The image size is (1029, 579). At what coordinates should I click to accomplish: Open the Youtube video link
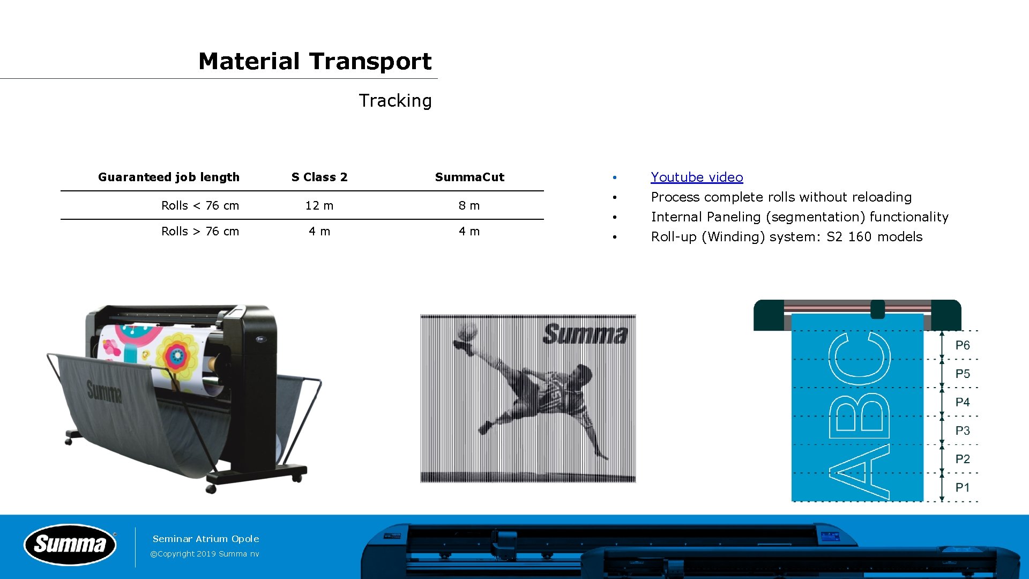[x=697, y=177]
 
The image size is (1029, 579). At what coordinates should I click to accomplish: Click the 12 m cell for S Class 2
[x=319, y=205]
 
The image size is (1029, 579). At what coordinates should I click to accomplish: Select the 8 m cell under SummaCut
[x=469, y=205]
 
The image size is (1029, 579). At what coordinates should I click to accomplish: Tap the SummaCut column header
[x=469, y=177]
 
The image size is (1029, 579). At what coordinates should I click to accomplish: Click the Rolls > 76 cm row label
[x=200, y=231]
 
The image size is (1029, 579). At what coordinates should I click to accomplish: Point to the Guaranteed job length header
[x=169, y=177]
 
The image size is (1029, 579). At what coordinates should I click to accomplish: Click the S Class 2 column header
[x=319, y=177]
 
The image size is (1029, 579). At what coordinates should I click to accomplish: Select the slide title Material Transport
[x=315, y=61]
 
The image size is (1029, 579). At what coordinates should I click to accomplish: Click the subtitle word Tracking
[x=395, y=101]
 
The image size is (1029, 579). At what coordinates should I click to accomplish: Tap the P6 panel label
[x=963, y=345]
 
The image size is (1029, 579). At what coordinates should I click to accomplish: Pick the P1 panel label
[x=963, y=487]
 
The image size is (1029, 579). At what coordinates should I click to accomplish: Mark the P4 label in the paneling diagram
[x=963, y=402]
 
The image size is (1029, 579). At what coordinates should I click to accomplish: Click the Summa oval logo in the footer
[x=70, y=545]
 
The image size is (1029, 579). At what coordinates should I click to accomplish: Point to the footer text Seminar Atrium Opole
[x=206, y=539]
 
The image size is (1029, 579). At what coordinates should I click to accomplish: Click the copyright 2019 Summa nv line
[x=205, y=554]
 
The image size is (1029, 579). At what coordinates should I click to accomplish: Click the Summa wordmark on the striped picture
[x=585, y=334]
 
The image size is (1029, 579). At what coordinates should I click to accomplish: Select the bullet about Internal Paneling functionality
[x=800, y=217]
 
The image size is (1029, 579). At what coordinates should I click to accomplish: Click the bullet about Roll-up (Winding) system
[x=787, y=236]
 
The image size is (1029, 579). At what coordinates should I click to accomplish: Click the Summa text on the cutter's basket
[x=105, y=391]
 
